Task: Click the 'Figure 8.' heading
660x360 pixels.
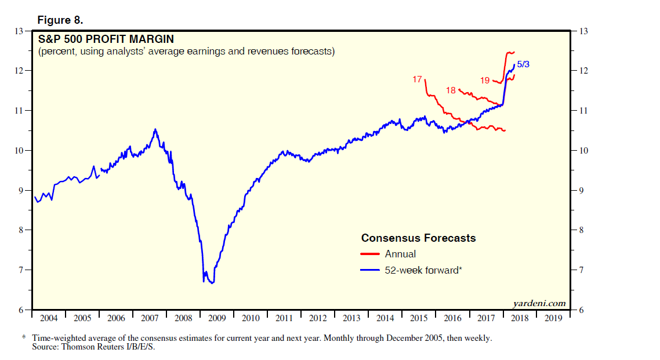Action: [60, 20]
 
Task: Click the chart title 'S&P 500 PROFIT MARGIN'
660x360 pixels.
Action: [106, 40]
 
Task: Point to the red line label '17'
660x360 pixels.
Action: [417, 79]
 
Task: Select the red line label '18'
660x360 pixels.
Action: [451, 90]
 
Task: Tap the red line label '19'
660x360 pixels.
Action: [485, 81]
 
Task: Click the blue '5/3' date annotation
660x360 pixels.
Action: [523, 64]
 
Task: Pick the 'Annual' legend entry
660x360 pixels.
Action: [400, 254]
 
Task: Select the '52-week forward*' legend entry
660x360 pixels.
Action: [423, 270]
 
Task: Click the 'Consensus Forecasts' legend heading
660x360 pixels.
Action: [418, 238]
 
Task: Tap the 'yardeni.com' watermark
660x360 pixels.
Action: [539, 303]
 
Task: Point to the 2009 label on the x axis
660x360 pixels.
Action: [217, 318]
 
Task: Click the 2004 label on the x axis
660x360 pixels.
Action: [49, 318]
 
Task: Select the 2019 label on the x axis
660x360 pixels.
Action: [553, 318]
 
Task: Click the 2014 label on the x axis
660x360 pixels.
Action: [385, 318]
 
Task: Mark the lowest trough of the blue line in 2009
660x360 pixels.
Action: [212, 283]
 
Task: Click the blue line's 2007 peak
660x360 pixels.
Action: [155, 129]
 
